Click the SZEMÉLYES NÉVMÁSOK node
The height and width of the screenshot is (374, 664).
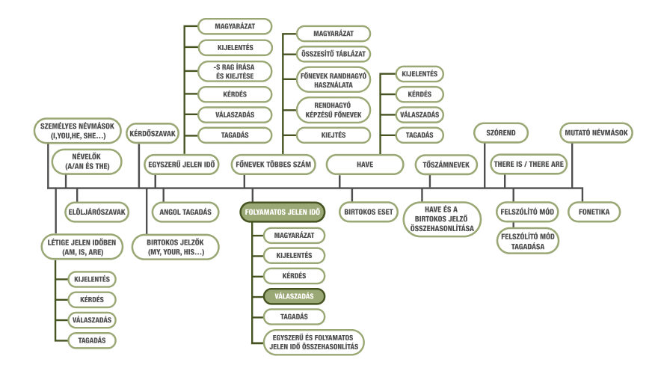(x=77, y=131)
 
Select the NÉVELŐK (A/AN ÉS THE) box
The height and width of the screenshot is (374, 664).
(x=87, y=162)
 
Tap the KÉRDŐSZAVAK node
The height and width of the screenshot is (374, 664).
(x=153, y=133)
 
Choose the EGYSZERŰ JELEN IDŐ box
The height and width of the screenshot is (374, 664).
(x=182, y=165)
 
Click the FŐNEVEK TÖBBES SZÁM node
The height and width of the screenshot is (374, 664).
(x=273, y=165)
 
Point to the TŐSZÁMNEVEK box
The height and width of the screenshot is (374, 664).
(x=446, y=165)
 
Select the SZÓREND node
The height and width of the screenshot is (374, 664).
(x=501, y=132)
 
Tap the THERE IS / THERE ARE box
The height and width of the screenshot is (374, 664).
(x=529, y=164)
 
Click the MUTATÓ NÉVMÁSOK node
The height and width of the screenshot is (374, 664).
(x=596, y=132)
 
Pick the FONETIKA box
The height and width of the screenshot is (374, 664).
(x=594, y=212)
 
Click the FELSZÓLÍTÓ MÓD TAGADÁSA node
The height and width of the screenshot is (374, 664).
(x=528, y=242)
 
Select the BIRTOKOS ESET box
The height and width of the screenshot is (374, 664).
(x=369, y=212)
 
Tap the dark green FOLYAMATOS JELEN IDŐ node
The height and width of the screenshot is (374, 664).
(x=283, y=212)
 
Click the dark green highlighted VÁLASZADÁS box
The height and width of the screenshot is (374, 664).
(x=294, y=296)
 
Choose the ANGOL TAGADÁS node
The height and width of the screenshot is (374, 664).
(x=185, y=212)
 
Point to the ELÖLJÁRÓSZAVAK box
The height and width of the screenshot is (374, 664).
(x=97, y=212)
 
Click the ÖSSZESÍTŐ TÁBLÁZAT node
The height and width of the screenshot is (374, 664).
(x=333, y=54)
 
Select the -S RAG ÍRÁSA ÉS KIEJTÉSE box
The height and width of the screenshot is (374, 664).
(x=235, y=72)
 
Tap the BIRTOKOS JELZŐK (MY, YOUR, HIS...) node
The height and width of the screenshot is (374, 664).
(x=175, y=248)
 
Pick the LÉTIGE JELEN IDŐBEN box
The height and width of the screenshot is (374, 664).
(x=82, y=248)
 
